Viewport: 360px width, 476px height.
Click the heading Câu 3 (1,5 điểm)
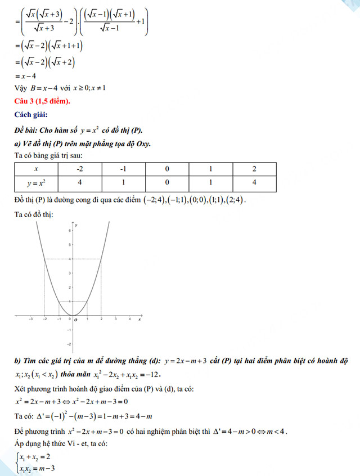[42, 101]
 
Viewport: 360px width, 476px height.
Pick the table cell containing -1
[123, 169]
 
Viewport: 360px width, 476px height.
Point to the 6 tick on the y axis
[69, 231]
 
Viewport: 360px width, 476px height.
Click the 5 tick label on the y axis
[69, 245]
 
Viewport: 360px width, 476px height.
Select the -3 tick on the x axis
[30, 319]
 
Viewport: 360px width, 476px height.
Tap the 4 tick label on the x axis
[130, 319]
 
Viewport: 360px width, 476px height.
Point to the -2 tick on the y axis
[69, 343]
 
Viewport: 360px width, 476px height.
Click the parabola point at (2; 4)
[101, 259]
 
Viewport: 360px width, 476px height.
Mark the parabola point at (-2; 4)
[44, 259]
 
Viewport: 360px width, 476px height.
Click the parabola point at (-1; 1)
[58, 302]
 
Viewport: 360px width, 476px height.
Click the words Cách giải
[32, 115]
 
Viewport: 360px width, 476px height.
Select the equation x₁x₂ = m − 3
[37, 468]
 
